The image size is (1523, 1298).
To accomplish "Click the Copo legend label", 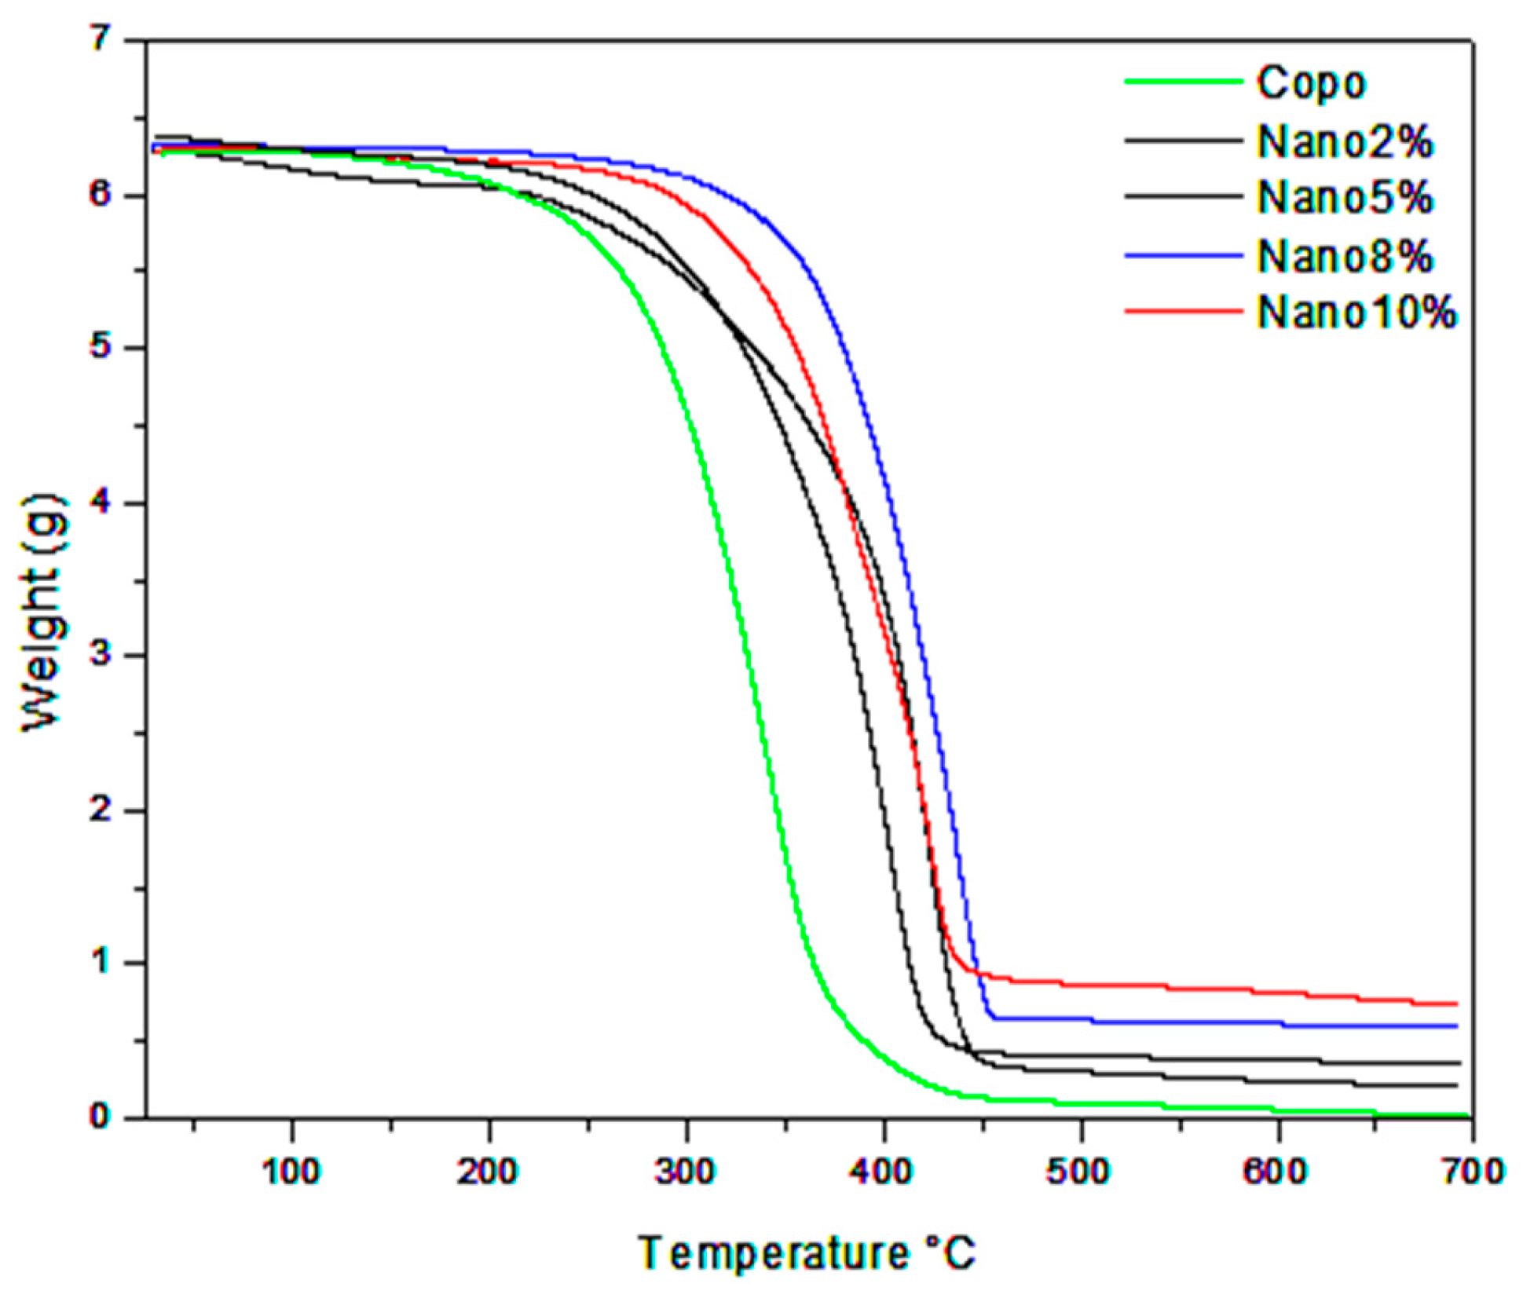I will (x=1310, y=82).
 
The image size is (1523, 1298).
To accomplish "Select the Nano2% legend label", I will (x=1344, y=142).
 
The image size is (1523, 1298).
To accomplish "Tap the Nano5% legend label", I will (x=1344, y=196).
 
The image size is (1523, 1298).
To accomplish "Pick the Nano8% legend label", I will (x=1344, y=256).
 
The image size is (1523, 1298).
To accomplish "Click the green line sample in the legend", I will (x=1183, y=82).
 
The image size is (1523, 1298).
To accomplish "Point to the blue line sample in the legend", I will (x=1183, y=255).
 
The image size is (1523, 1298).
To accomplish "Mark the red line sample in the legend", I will (x=1183, y=311).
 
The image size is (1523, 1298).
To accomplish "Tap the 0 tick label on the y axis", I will (x=100, y=1115).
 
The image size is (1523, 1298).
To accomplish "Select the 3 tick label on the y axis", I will (x=101, y=654).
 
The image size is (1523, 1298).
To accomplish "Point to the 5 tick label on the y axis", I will (x=101, y=347).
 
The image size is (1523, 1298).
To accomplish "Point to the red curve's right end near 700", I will (x=1455, y=1004).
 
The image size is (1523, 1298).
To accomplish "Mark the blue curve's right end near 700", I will (x=1455, y=1026).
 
